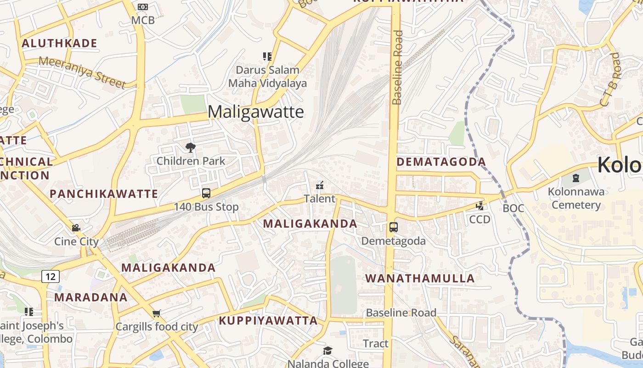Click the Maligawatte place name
(256, 112)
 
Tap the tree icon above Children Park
(191, 148)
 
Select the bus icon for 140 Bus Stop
(206, 193)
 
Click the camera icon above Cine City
(76, 228)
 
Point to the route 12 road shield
(51, 276)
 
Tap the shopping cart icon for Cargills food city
(157, 313)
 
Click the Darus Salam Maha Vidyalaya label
(267, 77)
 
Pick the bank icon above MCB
(143, 7)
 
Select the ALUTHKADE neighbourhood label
(60, 44)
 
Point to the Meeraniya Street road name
(82, 72)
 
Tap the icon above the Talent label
(320, 186)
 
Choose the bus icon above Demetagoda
(394, 227)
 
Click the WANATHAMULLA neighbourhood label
(420, 278)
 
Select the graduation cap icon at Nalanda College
(327, 351)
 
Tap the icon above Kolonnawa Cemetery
(576, 178)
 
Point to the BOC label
(513, 208)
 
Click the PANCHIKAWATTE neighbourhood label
(104, 194)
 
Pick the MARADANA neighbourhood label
(91, 297)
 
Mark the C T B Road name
(610, 80)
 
